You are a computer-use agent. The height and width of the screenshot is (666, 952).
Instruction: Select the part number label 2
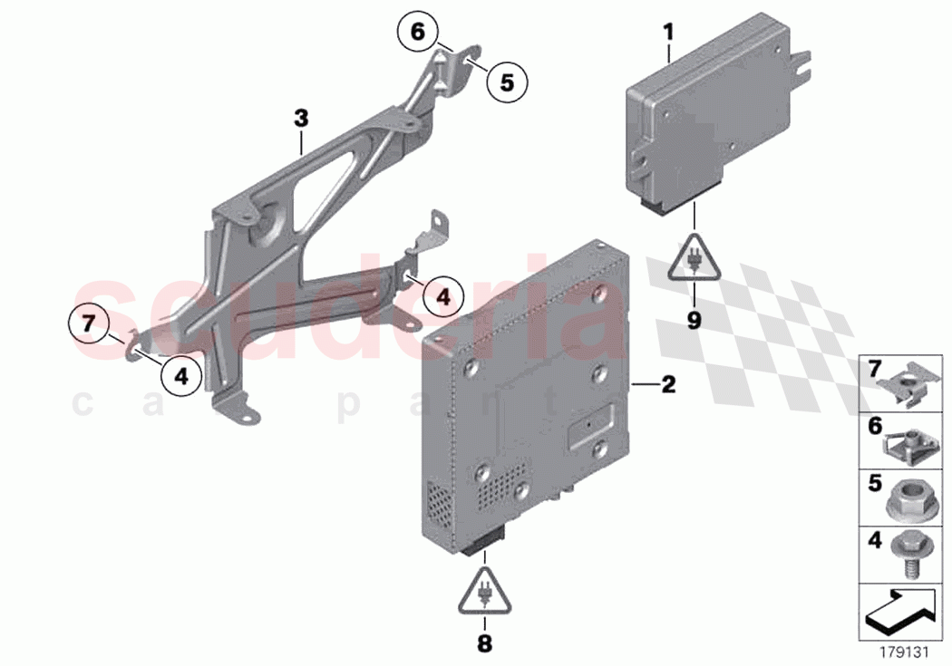668,385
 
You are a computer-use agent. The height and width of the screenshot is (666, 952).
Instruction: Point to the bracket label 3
301,117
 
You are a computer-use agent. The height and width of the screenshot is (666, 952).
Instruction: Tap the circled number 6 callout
417,32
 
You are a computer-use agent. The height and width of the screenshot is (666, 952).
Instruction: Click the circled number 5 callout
506,82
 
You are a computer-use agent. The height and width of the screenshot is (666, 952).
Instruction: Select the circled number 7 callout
88,322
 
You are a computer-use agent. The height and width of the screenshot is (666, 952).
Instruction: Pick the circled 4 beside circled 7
181,376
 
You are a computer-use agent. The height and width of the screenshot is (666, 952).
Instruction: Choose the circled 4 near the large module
442,295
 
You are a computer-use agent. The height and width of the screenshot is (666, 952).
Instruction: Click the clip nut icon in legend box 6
909,443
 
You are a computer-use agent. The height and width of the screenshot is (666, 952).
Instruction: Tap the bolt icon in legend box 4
909,551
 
